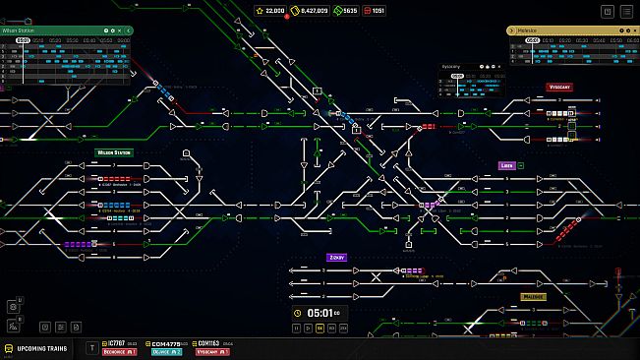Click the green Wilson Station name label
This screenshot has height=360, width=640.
[x=114, y=152]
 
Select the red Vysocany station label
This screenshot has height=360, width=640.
[x=560, y=87]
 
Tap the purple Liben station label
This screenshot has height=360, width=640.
[x=507, y=165]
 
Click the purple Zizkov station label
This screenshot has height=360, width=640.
[x=337, y=257]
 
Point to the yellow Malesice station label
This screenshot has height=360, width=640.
[x=534, y=295]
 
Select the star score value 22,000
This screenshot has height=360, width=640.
[x=270, y=11]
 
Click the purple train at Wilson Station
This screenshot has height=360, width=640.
[x=78, y=243]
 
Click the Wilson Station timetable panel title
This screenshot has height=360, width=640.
[x=22, y=30]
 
